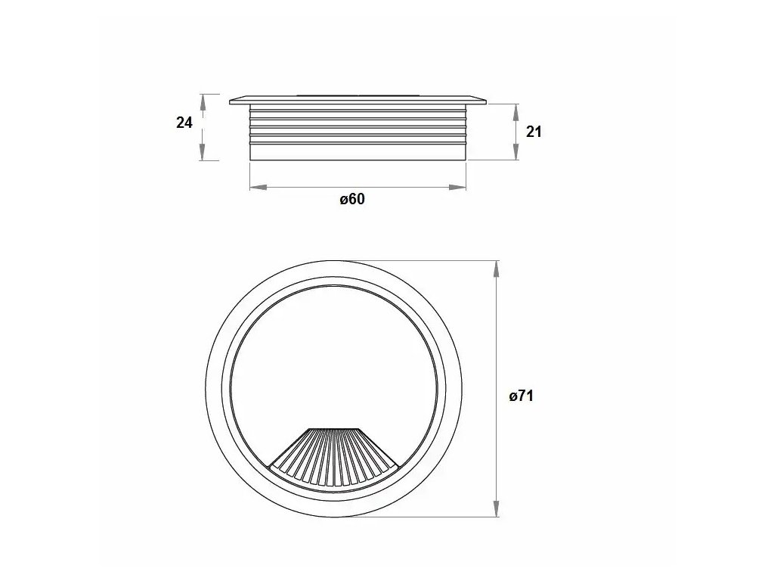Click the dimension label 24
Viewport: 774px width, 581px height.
[184, 122]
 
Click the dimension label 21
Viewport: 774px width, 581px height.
[534, 132]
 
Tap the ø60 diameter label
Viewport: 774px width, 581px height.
[352, 199]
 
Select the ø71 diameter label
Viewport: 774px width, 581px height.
[522, 396]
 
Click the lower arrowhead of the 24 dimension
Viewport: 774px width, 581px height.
[203, 151]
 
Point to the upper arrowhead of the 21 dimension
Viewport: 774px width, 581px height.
[515, 112]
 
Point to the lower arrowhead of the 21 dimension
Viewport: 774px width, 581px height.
[515, 151]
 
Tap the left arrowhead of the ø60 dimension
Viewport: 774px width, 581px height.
[259, 188]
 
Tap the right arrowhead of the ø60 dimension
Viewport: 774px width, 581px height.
[457, 188]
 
